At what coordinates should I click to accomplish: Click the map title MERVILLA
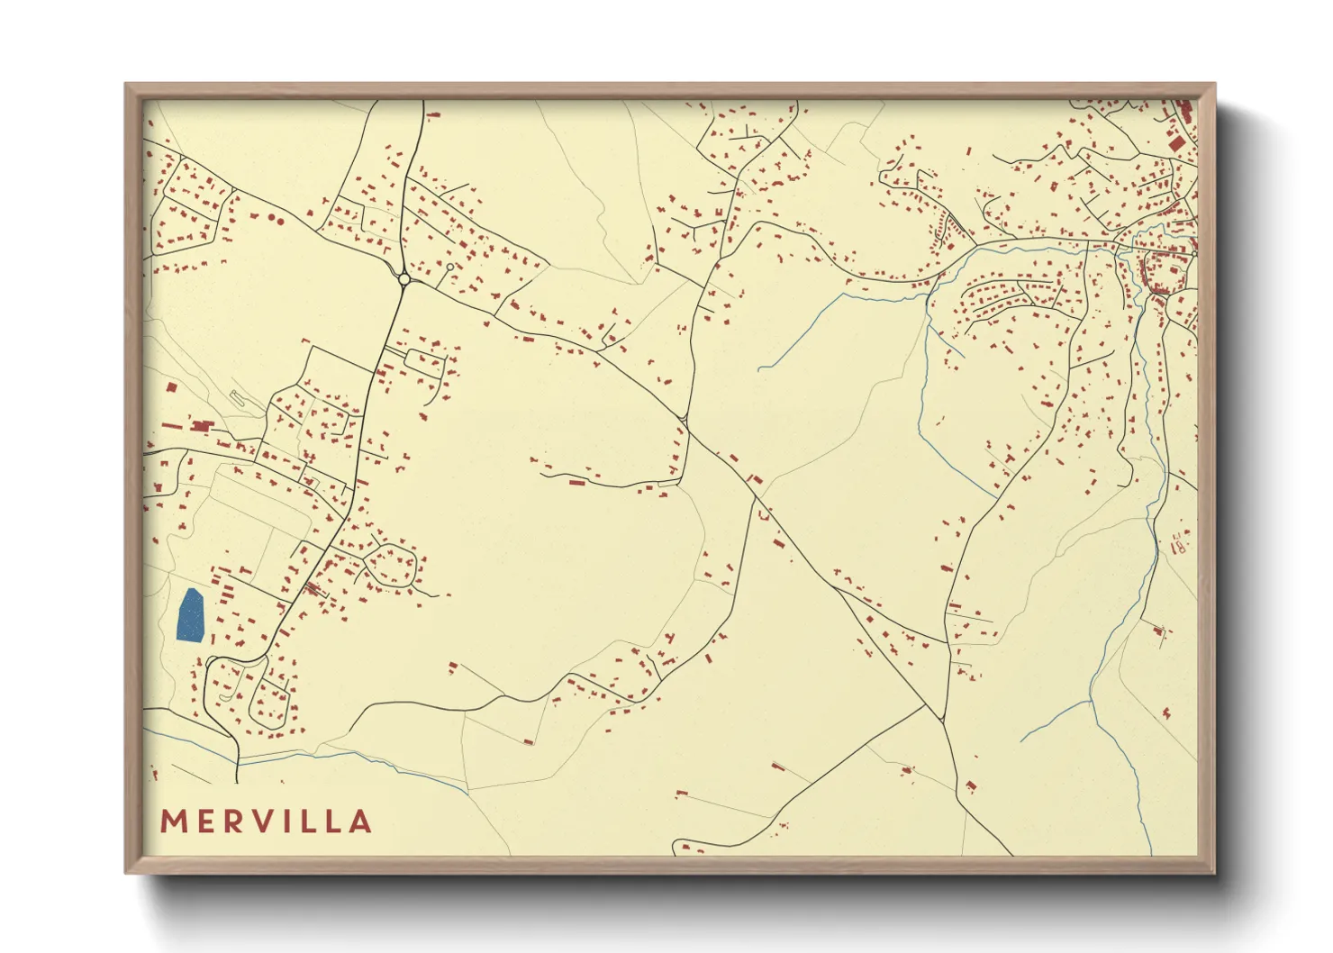266,821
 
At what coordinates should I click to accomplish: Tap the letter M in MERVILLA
174,821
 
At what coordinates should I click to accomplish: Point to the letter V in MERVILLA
269,821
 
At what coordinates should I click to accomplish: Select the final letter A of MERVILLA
361,821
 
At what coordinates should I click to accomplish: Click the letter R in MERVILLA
236,821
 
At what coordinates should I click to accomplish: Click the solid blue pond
191,615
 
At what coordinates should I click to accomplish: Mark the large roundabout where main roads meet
404,279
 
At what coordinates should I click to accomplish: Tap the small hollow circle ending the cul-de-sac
449,267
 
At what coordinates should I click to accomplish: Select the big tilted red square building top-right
1175,142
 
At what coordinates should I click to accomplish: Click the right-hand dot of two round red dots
279,220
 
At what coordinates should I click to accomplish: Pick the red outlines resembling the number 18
1179,542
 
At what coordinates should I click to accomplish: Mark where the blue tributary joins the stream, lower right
1091,701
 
